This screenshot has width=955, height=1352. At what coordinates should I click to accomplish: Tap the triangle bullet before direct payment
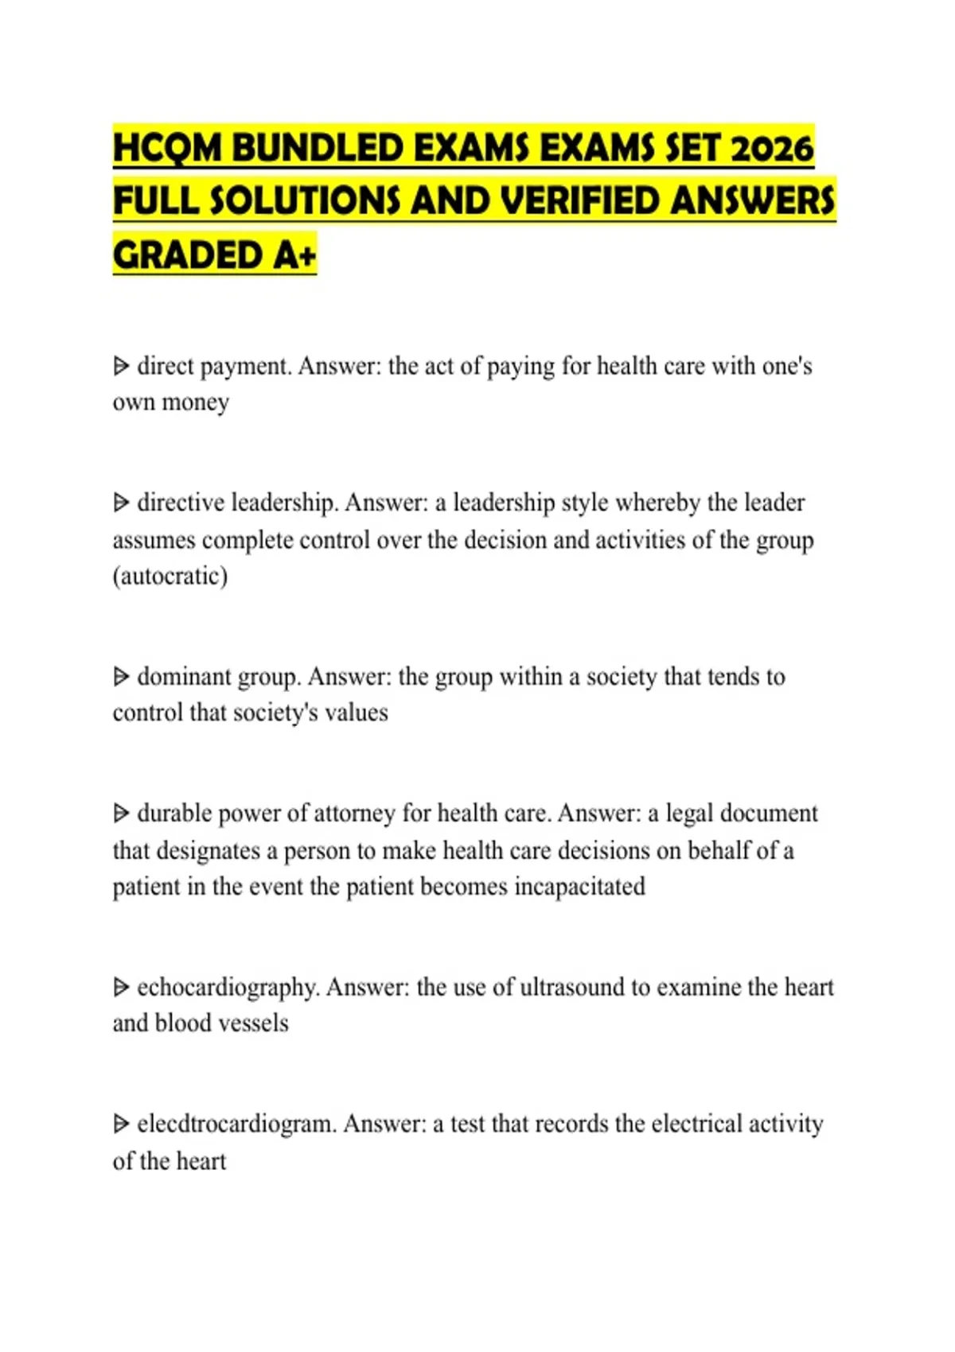(x=121, y=367)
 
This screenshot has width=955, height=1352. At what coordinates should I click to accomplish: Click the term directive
(x=181, y=503)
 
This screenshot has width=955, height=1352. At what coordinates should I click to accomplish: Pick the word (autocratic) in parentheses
(x=170, y=576)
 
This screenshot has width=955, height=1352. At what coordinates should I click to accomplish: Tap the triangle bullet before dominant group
(x=121, y=677)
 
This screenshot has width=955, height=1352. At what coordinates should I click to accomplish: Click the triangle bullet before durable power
(x=121, y=814)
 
